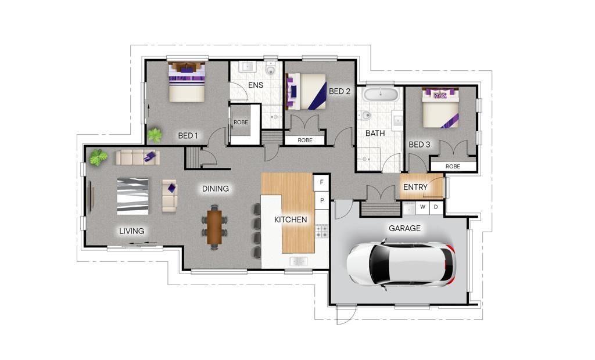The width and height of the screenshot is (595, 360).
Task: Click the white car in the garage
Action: tap(401, 264)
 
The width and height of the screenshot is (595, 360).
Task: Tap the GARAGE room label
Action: tap(404, 228)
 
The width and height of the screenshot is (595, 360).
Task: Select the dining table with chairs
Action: tap(214, 226)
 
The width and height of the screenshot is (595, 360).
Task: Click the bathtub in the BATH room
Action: tap(380, 94)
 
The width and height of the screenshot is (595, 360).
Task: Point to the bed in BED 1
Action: tap(187, 82)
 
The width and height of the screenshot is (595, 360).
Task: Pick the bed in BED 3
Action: tap(440, 107)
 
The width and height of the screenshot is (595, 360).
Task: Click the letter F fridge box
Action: tap(321, 182)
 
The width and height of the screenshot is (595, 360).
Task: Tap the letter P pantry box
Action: tap(322, 200)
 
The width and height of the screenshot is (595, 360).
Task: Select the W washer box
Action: tap(423, 207)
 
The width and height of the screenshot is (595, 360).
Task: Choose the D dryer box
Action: tap(436, 207)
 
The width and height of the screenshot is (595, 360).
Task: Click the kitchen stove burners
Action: tap(322, 231)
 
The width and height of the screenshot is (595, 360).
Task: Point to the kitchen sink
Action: tap(299, 261)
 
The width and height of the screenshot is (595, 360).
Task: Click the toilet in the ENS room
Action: tap(270, 70)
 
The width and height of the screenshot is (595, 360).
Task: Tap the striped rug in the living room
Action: tap(132, 196)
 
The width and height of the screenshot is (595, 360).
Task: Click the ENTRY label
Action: tap(415, 187)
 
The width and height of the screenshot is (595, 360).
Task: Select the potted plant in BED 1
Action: tap(155, 135)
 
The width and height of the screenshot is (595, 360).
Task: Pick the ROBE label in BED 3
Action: tap(453, 167)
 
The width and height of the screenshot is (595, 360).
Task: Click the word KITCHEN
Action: tap(291, 219)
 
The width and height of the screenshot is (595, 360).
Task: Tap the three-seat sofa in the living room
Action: tap(137, 157)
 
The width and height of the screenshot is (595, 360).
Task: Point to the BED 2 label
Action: tap(339, 91)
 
